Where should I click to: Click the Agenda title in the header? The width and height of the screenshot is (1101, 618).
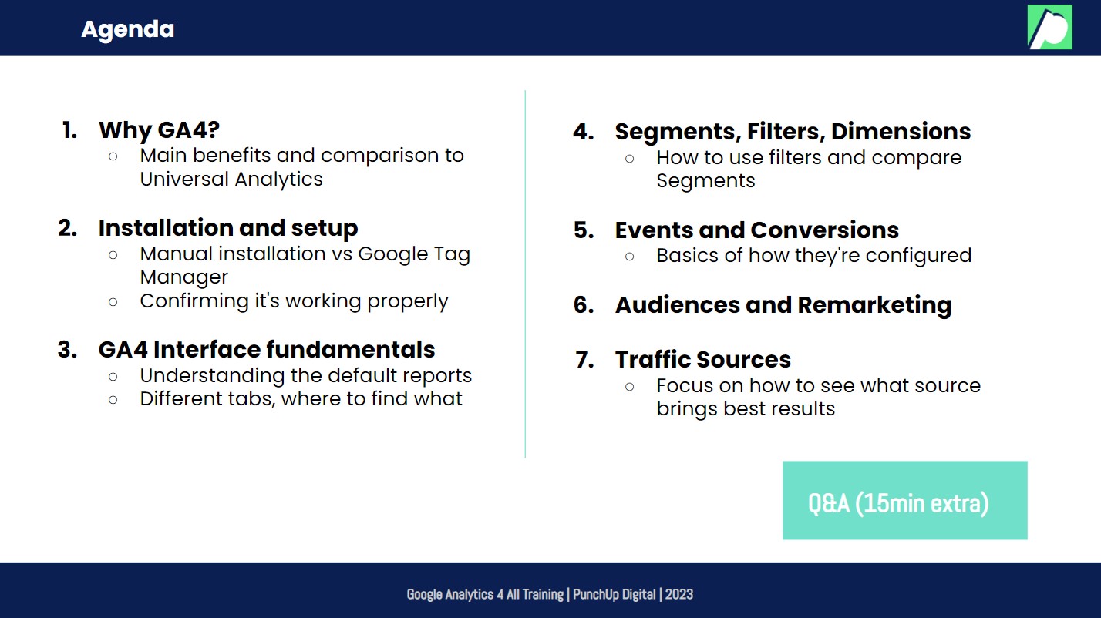coord(127,29)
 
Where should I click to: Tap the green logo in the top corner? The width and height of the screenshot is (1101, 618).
coord(1049,27)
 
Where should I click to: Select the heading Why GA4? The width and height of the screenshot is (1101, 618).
coord(160,129)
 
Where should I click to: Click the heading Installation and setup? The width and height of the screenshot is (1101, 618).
coord(228,228)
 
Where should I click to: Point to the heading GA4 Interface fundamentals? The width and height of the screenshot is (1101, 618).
coord(267,350)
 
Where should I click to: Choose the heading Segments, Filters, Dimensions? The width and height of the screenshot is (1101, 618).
coord(793,132)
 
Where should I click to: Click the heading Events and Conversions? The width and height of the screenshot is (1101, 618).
coord(756,230)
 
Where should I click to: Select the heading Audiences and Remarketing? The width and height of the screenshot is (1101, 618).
coord(783,305)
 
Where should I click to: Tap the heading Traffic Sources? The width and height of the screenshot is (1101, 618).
coord(702,360)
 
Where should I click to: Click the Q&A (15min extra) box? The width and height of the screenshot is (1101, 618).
coord(904,500)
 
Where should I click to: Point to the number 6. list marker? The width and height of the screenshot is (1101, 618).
coord(584,305)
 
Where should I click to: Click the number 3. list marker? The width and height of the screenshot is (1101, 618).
coord(68,350)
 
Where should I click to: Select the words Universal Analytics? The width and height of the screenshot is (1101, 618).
coord(231,179)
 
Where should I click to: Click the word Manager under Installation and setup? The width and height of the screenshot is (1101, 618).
coord(184,277)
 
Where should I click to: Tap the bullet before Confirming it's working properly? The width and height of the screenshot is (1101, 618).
coord(113,301)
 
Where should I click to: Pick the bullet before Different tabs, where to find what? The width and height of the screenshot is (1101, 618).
coord(113,399)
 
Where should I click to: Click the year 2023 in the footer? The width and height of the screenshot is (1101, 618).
coord(679,594)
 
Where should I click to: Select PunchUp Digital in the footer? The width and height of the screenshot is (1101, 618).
coord(614,594)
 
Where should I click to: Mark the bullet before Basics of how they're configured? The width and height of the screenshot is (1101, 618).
coord(630,256)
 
